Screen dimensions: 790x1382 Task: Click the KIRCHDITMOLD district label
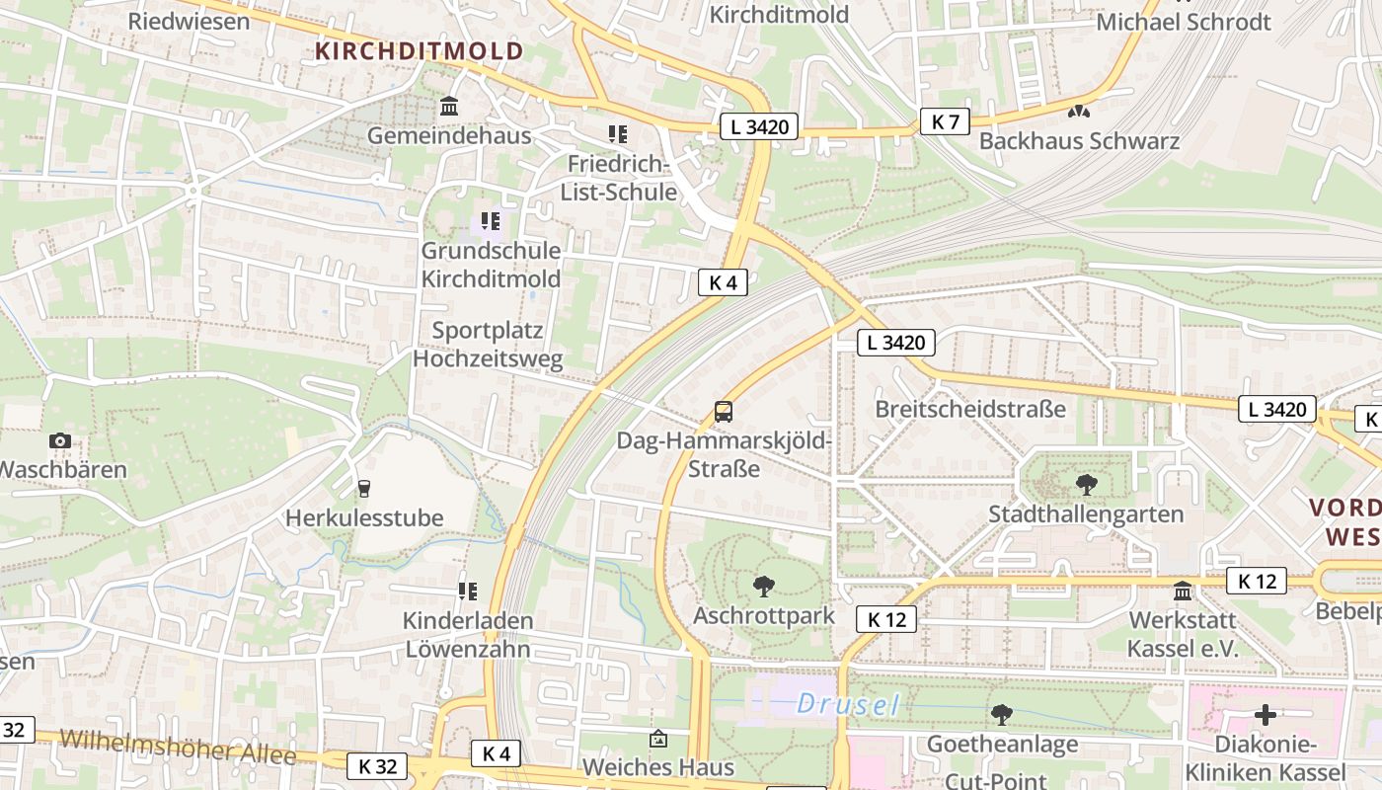tap(420, 51)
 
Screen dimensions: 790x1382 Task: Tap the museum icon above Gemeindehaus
tap(449, 106)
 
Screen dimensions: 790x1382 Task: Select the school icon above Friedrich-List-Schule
tap(618, 133)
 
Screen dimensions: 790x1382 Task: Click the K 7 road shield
tap(945, 121)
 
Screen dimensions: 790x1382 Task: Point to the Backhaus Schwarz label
tap(1079, 141)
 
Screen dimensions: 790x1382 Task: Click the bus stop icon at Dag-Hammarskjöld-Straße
tap(724, 412)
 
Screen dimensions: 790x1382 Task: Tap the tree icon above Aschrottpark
tap(763, 587)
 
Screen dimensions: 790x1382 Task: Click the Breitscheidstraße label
tap(970, 409)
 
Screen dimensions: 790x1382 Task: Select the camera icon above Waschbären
tap(59, 440)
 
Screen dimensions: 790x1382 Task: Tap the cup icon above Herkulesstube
tap(364, 488)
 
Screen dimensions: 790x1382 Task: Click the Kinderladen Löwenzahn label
tap(468, 635)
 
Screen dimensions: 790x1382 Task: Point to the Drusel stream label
tap(848, 704)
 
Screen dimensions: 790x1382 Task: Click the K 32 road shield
tap(377, 765)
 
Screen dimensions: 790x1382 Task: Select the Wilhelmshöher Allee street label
tap(178, 748)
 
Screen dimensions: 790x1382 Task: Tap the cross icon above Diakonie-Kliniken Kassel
tap(1265, 714)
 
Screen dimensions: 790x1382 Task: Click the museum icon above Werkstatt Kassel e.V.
tap(1182, 592)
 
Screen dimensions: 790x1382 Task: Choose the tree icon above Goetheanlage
tap(1001, 714)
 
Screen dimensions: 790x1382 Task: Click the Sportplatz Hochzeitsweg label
tap(488, 345)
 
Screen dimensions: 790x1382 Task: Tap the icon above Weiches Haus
tap(657, 739)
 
